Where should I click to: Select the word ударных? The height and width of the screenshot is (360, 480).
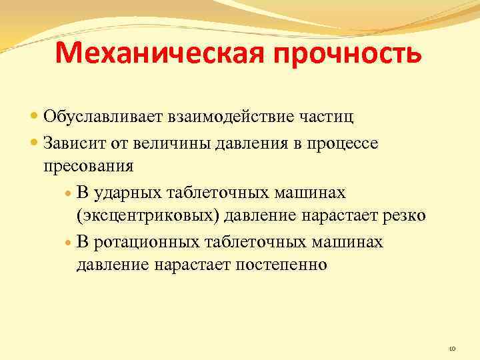[124, 193]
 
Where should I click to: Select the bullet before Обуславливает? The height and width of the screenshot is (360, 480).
[35, 117]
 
